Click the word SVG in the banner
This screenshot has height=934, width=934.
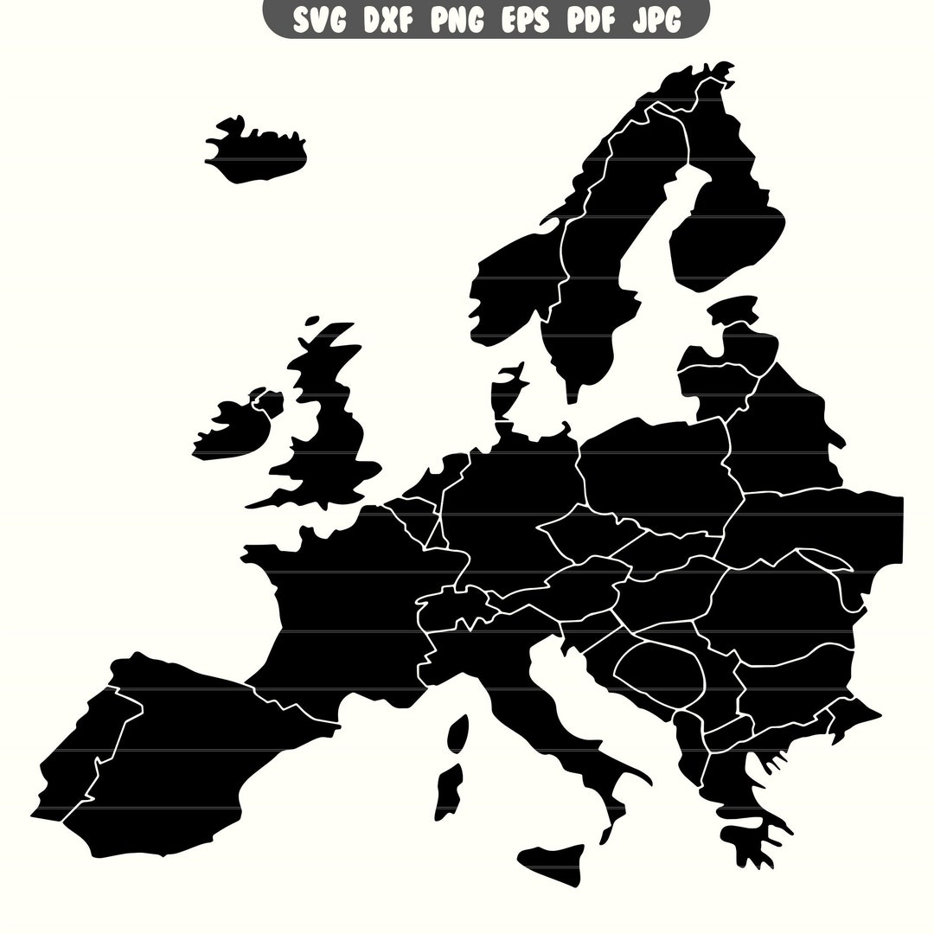click(317, 18)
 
